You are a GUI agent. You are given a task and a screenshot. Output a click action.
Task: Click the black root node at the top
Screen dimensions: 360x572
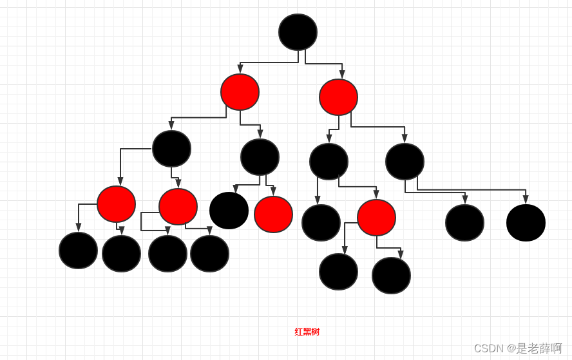pos(298,32)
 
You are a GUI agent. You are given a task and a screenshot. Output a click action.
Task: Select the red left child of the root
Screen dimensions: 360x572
pos(240,92)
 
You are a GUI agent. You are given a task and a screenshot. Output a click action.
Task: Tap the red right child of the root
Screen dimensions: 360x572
pos(338,97)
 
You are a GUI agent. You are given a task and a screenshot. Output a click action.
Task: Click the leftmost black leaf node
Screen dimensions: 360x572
pos(78,251)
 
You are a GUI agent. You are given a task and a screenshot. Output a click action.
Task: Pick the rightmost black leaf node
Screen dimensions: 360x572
pos(526,223)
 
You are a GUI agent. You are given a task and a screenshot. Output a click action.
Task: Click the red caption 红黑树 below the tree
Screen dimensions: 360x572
pos(307,332)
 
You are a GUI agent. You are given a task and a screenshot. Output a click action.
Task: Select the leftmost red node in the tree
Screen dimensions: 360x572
pos(116,204)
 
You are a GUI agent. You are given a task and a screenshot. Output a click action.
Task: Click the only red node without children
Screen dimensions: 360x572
pos(273,214)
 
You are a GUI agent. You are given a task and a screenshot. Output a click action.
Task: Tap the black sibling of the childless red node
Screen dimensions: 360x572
pos(229,211)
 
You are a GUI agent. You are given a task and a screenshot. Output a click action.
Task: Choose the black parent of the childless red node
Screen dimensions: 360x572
pos(260,157)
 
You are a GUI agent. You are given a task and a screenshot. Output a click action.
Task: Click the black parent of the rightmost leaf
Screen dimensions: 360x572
pos(405,162)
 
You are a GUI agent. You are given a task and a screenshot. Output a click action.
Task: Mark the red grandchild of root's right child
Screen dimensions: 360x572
pos(376,218)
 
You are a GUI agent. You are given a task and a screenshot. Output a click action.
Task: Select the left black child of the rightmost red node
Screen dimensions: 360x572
pos(338,272)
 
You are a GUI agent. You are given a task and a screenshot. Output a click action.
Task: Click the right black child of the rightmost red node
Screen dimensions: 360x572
pos(391,276)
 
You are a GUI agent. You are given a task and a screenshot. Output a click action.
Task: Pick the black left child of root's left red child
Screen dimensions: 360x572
pos(171,149)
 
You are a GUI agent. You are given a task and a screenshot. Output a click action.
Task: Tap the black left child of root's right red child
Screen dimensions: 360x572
pos(329,162)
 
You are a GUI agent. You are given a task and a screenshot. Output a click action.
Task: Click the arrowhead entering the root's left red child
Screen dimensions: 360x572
pos(240,69)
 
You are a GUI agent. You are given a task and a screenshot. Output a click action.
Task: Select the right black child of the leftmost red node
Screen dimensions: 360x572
pos(121,254)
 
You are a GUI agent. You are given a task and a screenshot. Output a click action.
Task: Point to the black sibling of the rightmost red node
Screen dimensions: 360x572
pos(321,223)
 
